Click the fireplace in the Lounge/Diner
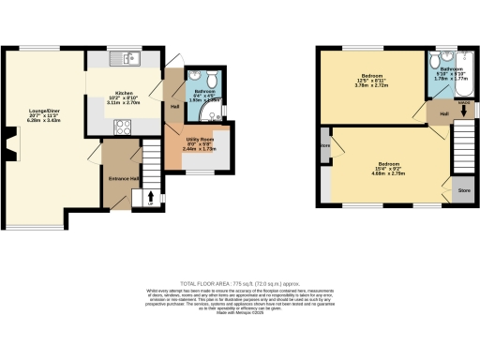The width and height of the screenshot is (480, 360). click(8, 146)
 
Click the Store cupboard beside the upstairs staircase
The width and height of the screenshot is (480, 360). click(462, 190)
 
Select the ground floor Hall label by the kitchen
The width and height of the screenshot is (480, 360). click(174, 106)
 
